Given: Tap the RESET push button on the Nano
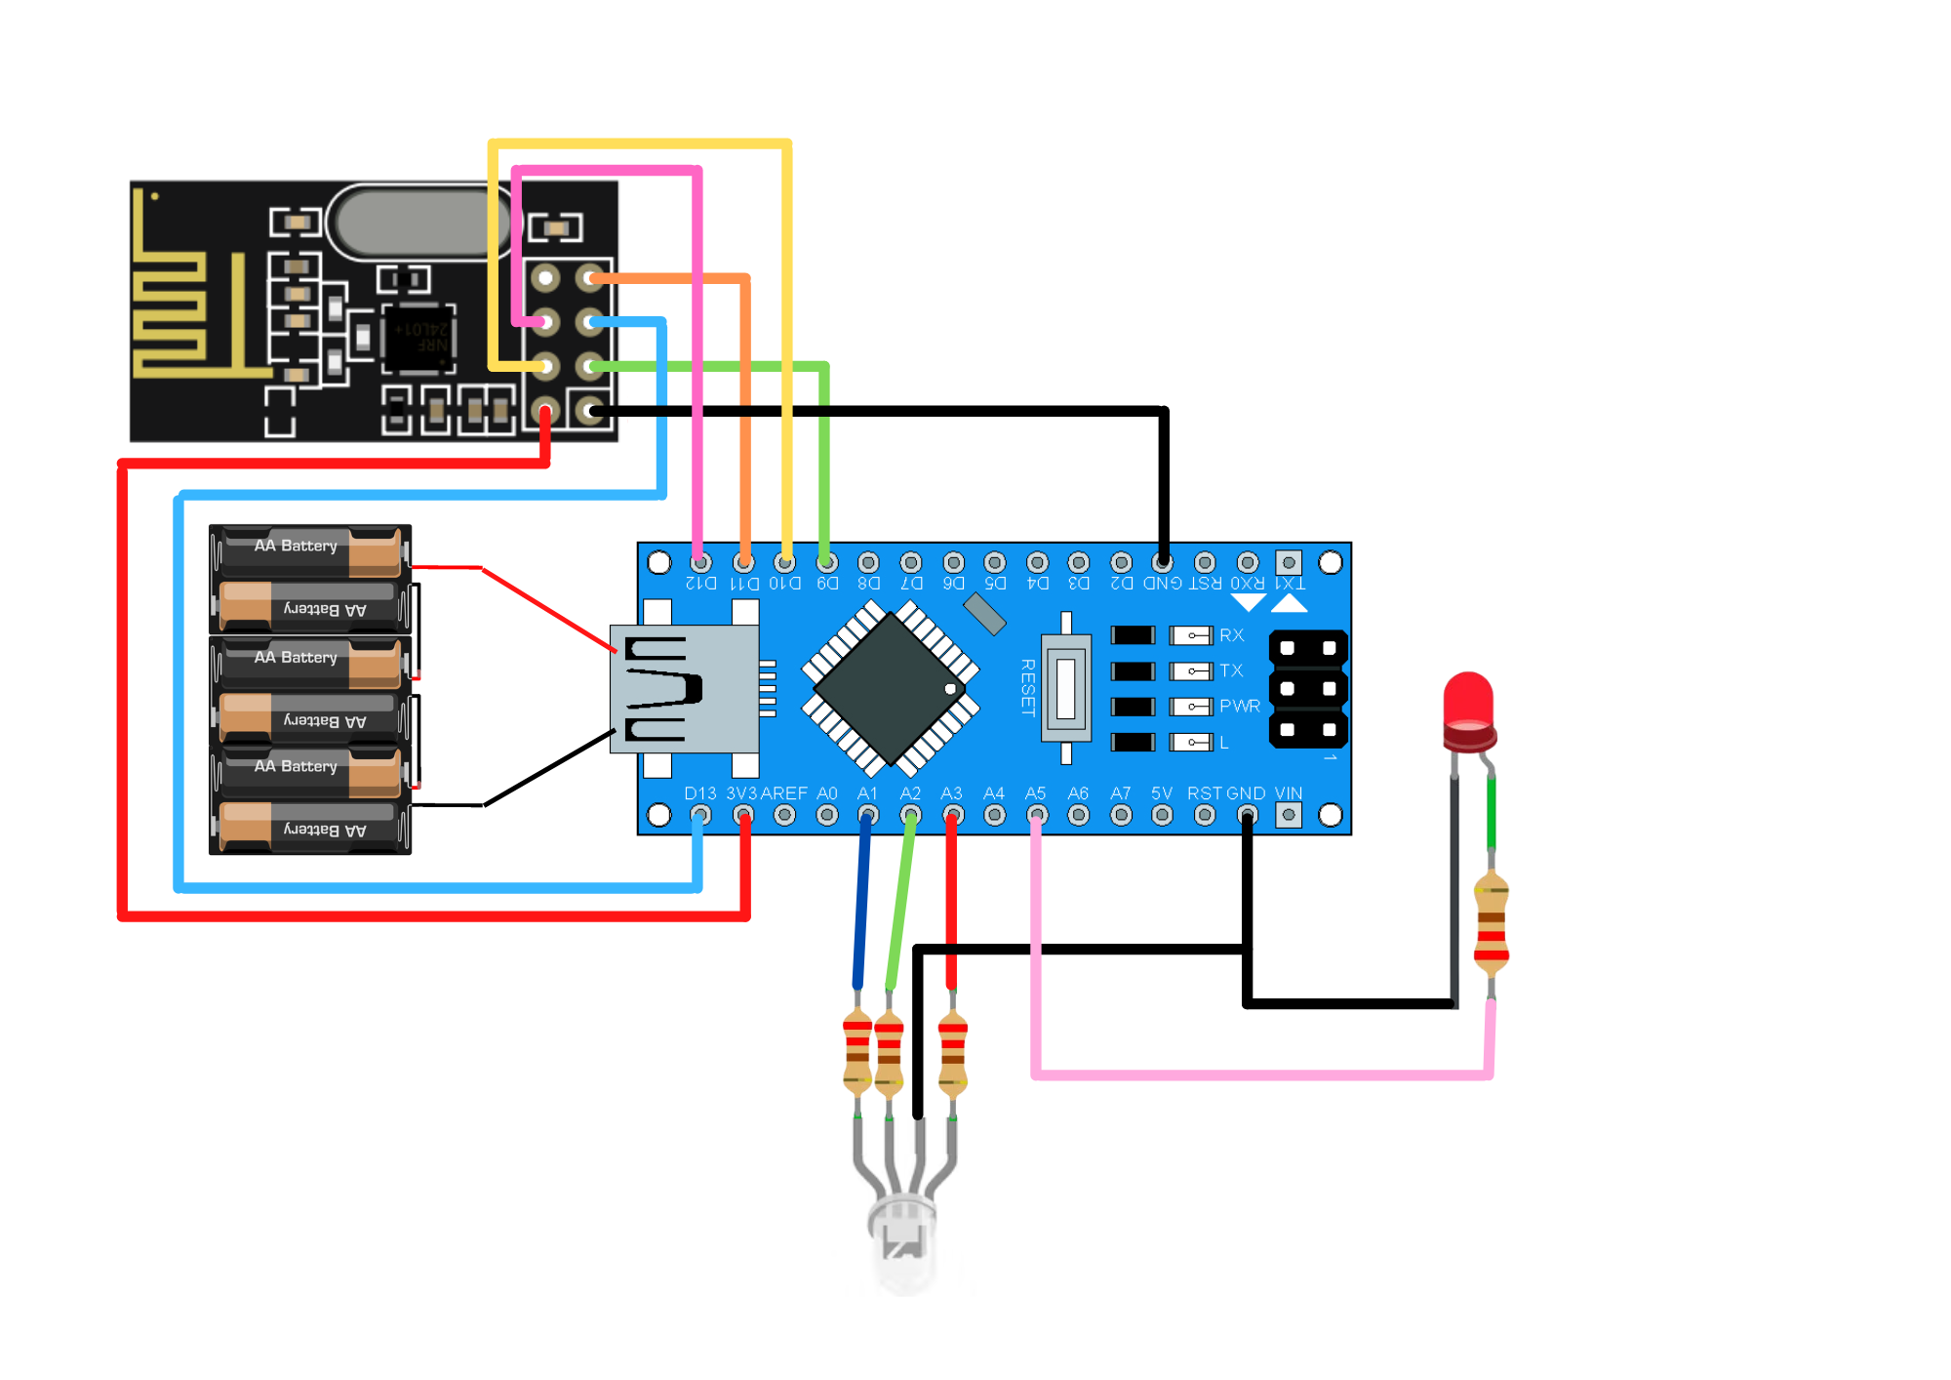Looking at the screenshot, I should pyautogui.click(x=1065, y=687).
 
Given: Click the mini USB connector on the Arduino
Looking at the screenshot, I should pyautogui.click(x=683, y=688).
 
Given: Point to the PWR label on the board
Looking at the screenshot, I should pyautogui.click(x=1239, y=706).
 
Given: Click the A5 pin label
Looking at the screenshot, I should pyautogui.click(x=1035, y=793).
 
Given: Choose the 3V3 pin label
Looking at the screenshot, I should pyautogui.click(x=741, y=793).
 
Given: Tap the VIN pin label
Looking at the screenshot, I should pyautogui.click(x=1288, y=793).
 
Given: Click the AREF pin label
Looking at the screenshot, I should pyautogui.click(x=784, y=793).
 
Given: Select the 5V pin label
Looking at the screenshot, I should pyautogui.click(x=1161, y=793).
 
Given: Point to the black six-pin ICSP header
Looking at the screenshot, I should pyautogui.click(x=1308, y=689).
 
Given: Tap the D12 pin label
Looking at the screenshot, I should pyautogui.click(x=700, y=584).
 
